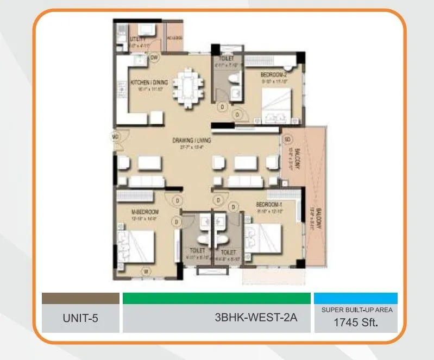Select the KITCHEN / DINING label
149,82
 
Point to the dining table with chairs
188,87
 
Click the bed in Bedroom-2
277,104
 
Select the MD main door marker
116,136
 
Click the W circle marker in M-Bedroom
146,271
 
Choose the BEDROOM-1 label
270,205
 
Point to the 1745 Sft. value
356,321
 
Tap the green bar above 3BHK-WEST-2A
216,298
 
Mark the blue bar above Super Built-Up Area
356,298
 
